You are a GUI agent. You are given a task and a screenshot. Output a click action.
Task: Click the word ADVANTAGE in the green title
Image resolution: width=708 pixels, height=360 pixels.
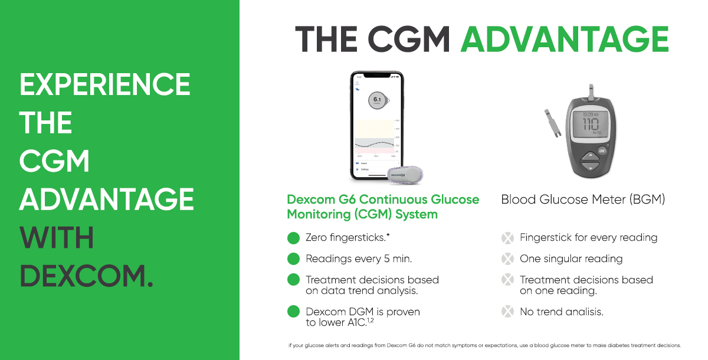coord(564,40)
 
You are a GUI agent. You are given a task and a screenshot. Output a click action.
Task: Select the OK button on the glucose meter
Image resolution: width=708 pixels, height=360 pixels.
coord(602,150)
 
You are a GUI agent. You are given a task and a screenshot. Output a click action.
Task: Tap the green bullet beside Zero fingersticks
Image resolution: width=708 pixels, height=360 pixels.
coord(293,238)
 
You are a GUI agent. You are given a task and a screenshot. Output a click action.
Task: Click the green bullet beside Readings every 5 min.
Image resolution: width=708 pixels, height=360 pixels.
coord(293,259)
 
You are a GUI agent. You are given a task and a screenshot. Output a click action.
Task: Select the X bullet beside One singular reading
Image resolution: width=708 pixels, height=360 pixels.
coord(507,259)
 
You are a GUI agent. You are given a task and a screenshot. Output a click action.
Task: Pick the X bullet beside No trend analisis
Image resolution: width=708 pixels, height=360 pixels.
coord(507,312)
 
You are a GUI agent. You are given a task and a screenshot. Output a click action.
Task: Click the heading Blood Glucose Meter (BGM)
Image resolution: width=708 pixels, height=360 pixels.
coord(583,199)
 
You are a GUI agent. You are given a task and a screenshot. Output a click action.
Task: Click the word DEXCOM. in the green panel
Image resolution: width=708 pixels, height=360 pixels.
coord(86,276)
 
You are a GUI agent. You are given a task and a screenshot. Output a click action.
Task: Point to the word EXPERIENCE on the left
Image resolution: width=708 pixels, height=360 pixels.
coord(105,85)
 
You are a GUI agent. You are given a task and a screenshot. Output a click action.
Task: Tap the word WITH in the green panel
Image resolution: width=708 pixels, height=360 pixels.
coord(57,238)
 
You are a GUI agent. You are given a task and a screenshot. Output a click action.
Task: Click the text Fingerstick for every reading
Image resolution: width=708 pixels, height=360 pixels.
coord(588,238)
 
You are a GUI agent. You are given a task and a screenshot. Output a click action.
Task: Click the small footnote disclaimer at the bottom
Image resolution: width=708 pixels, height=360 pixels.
coord(484,345)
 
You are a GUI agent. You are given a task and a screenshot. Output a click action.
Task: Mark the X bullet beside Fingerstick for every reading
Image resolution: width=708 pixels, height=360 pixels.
coord(507,238)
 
